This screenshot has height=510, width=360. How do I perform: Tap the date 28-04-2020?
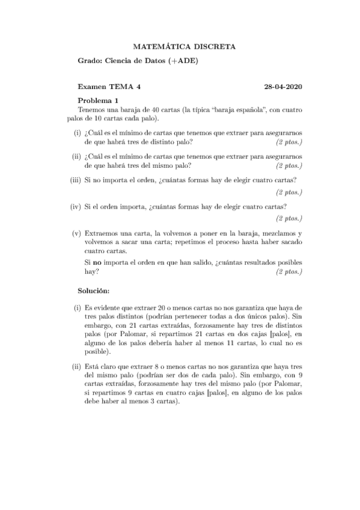(282, 87)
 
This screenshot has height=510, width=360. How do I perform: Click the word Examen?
(92, 87)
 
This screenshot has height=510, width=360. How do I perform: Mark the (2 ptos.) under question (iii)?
(288, 192)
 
